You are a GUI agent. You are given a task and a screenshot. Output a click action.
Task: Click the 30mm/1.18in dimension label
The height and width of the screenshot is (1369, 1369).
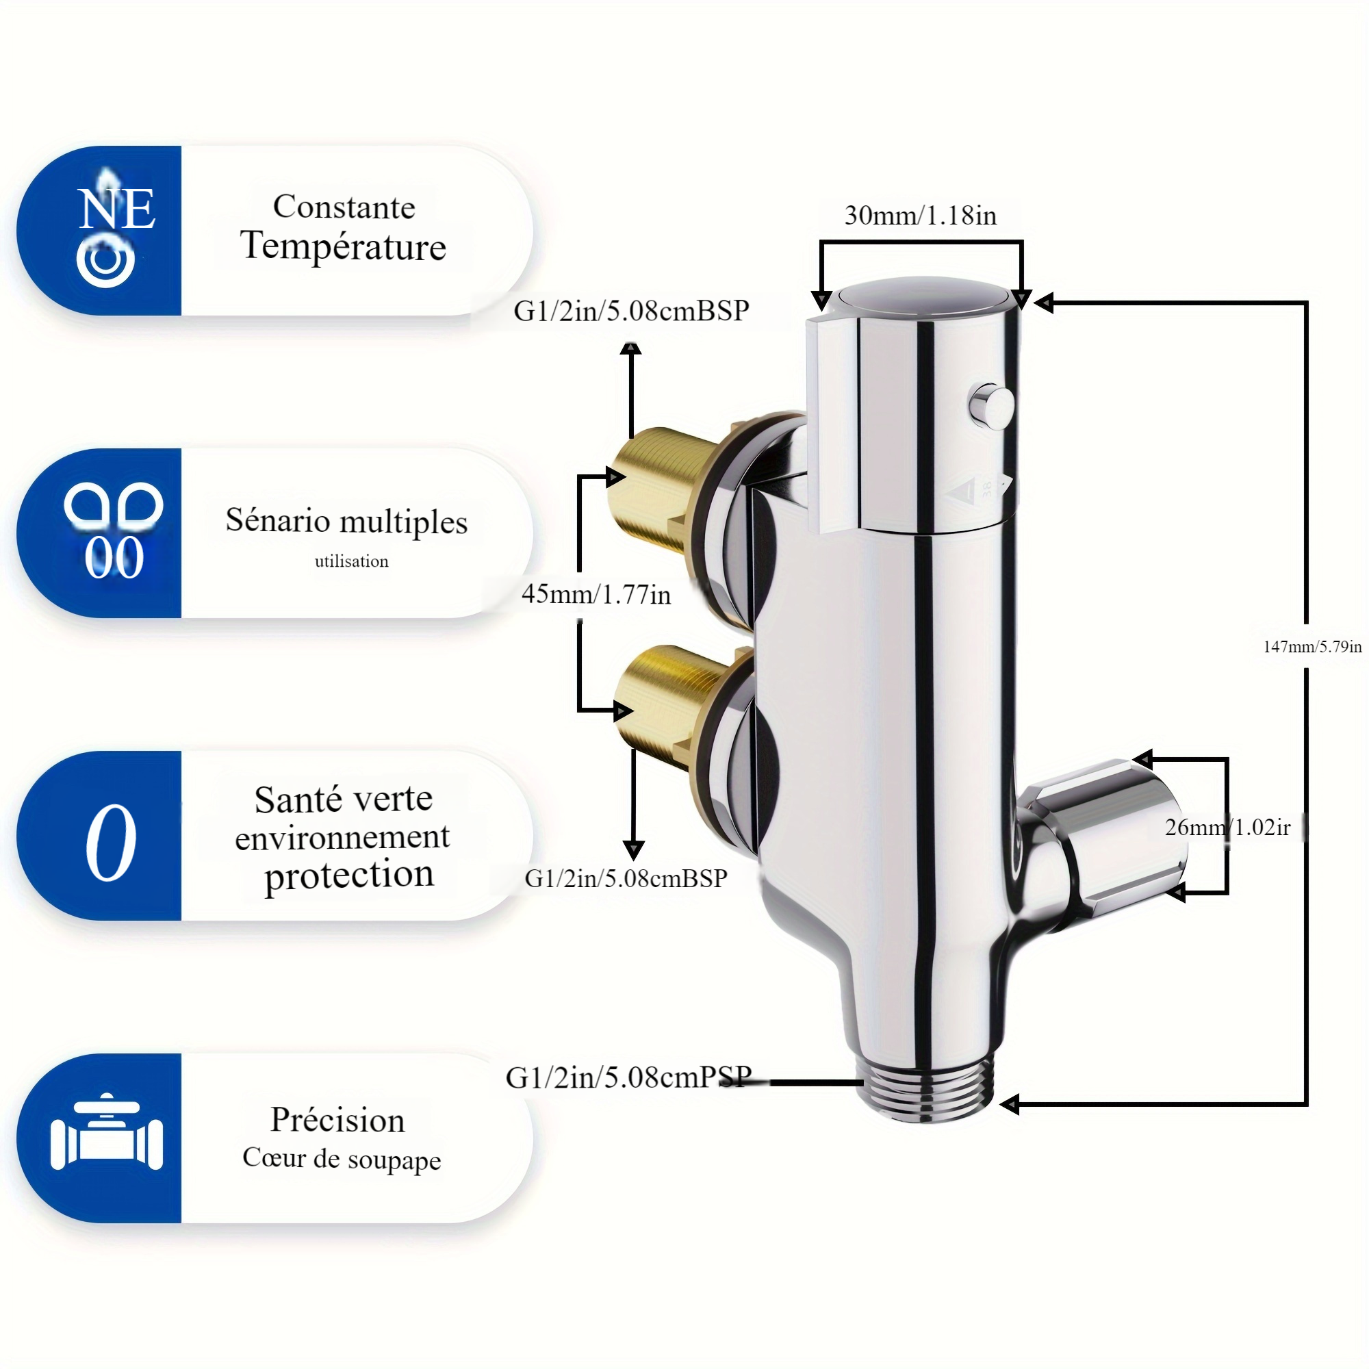tap(920, 216)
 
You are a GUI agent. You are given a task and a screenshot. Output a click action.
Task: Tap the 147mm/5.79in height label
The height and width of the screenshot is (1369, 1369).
tap(1312, 646)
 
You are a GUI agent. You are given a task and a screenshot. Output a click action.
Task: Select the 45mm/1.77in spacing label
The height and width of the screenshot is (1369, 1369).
tap(596, 593)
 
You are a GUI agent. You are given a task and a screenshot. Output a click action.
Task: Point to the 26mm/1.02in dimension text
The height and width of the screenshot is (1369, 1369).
tap(1227, 827)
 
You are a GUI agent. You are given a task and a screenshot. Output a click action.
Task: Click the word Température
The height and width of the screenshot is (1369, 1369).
tap(343, 246)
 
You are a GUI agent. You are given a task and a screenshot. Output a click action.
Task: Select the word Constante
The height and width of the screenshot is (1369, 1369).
tap(344, 207)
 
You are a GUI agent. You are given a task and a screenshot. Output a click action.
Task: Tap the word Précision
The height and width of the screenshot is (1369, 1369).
tap(337, 1120)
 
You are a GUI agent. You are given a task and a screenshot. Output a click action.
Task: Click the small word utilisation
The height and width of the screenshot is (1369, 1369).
tap(351, 561)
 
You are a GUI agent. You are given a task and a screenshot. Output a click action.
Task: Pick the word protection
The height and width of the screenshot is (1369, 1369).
tap(348, 874)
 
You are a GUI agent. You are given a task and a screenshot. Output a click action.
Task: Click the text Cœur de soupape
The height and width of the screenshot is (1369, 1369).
tap(342, 1159)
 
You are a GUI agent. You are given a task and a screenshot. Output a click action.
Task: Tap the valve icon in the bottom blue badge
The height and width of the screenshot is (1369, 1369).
tap(106, 1139)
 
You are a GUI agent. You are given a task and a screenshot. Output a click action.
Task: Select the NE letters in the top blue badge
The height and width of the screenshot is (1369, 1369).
tap(116, 209)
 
